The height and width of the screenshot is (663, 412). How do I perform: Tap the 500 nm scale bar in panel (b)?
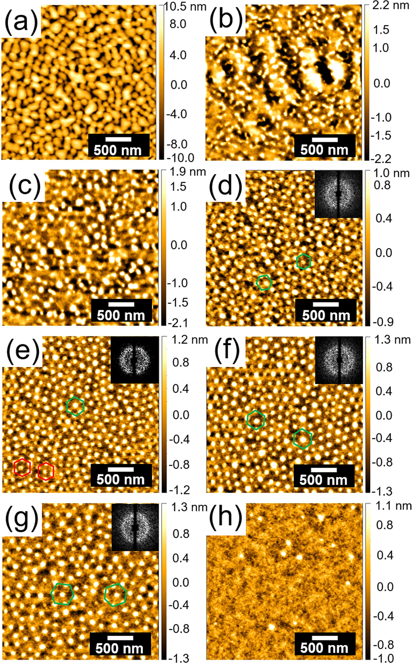click(x=324, y=145)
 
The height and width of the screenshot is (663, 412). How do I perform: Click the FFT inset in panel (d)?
click(x=338, y=194)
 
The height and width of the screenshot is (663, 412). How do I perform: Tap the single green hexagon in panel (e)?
click(x=75, y=406)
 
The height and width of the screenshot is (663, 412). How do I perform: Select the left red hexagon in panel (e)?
click(x=22, y=467)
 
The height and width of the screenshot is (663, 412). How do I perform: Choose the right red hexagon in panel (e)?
click(x=46, y=471)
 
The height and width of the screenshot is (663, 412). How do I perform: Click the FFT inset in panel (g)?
click(x=135, y=527)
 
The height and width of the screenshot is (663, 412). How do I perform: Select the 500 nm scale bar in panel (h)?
click(x=324, y=643)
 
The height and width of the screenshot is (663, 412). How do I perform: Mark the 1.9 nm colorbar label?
click(x=187, y=172)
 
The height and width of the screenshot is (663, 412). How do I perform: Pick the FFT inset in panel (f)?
click(x=338, y=360)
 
